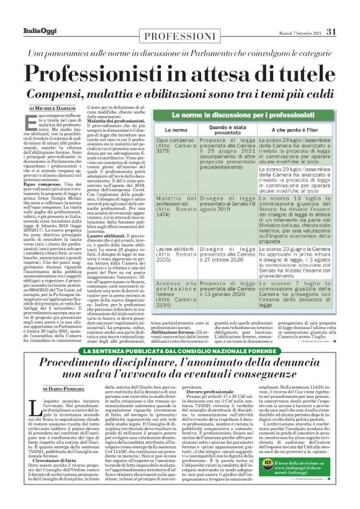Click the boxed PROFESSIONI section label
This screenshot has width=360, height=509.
181,37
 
